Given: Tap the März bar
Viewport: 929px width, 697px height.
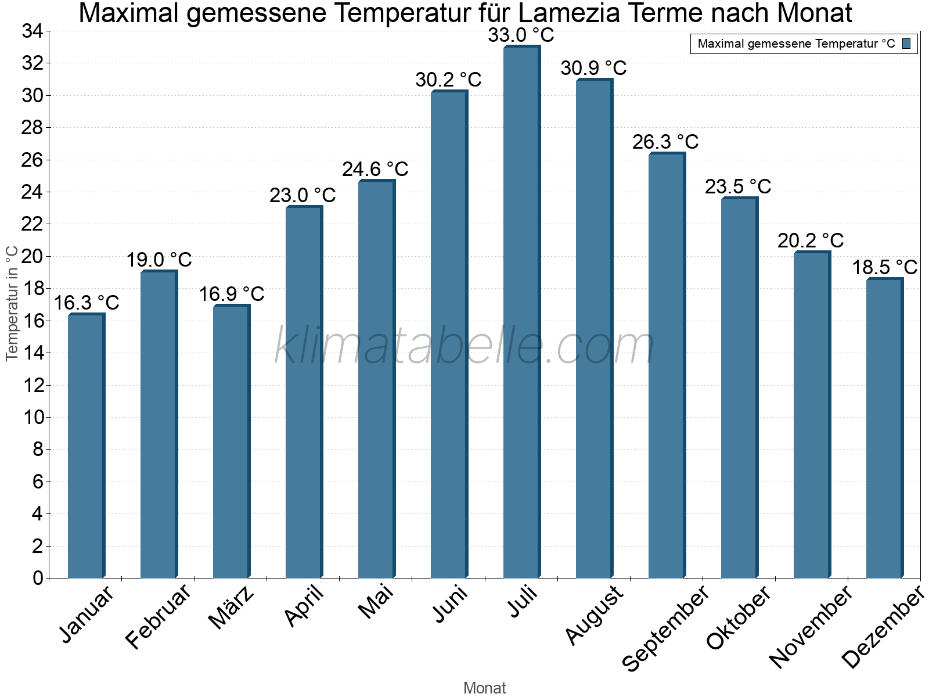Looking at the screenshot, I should (231, 441).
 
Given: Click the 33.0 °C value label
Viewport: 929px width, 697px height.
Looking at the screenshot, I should (521, 35).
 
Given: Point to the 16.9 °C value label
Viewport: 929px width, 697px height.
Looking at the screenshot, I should (231, 294).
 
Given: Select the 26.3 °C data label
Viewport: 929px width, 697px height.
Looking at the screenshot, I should (665, 142).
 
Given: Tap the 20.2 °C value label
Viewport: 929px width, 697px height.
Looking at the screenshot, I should (811, 240).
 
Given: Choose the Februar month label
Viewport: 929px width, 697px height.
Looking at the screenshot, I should (158, 616).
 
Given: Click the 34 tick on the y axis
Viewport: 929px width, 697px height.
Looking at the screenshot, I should (33, 31).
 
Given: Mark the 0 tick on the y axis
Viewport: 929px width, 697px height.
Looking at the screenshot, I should (38, 578).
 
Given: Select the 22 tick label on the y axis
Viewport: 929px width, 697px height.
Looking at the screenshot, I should (33, 224).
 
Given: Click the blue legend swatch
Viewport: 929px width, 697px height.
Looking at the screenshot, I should (906, 44).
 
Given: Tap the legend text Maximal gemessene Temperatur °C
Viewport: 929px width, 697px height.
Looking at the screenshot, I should (796, 44).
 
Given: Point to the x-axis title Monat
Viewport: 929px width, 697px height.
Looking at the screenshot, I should (485, 688).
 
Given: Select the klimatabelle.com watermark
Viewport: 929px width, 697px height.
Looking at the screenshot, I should (464, 345).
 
